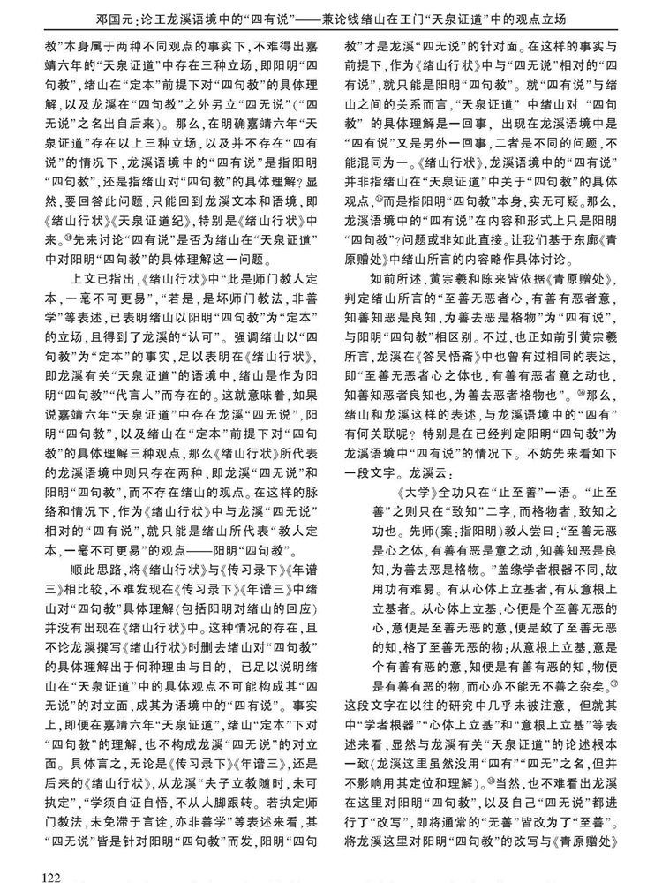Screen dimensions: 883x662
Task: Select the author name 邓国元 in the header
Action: (96, 18)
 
